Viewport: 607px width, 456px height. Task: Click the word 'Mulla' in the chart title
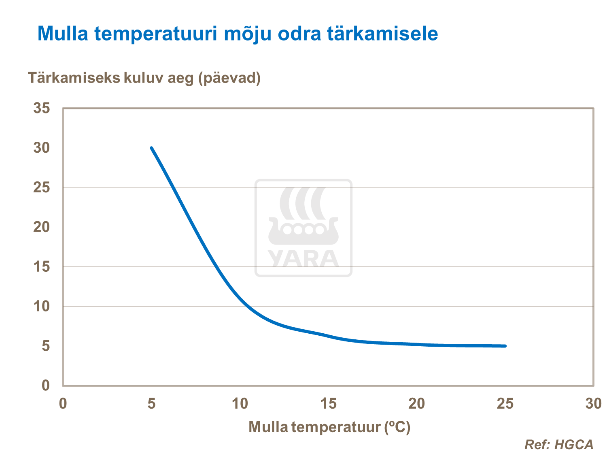point(63,33)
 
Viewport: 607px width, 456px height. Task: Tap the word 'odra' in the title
point(293,33)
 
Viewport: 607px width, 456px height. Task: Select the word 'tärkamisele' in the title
point(382,33)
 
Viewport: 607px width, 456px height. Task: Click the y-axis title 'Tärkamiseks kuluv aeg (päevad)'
point(144,77)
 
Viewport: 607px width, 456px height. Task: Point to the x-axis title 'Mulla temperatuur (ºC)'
point(329,427)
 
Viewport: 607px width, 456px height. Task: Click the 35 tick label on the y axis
point(42,108)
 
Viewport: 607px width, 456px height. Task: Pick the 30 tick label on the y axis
point(42,148)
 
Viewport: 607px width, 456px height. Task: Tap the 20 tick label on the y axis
point(42,227)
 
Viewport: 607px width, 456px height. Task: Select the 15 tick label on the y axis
point(42,266)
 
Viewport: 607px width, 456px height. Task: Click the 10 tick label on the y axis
point(42,306)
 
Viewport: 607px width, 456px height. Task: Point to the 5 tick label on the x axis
point(151,403)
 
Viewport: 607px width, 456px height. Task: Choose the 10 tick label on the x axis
point(240,403)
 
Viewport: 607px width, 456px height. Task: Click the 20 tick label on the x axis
point(416,403)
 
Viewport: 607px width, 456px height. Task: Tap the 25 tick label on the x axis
point(505,403)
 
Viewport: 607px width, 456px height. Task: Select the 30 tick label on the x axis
point(593,403)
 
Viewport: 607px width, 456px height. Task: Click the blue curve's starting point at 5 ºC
point(151,148)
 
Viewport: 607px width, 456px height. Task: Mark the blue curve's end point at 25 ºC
point(505,346)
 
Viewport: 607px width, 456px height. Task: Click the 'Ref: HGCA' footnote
point(558,445)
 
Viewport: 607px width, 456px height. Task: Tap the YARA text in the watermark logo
point(303,259)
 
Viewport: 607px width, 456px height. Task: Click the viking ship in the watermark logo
point(303,231)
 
